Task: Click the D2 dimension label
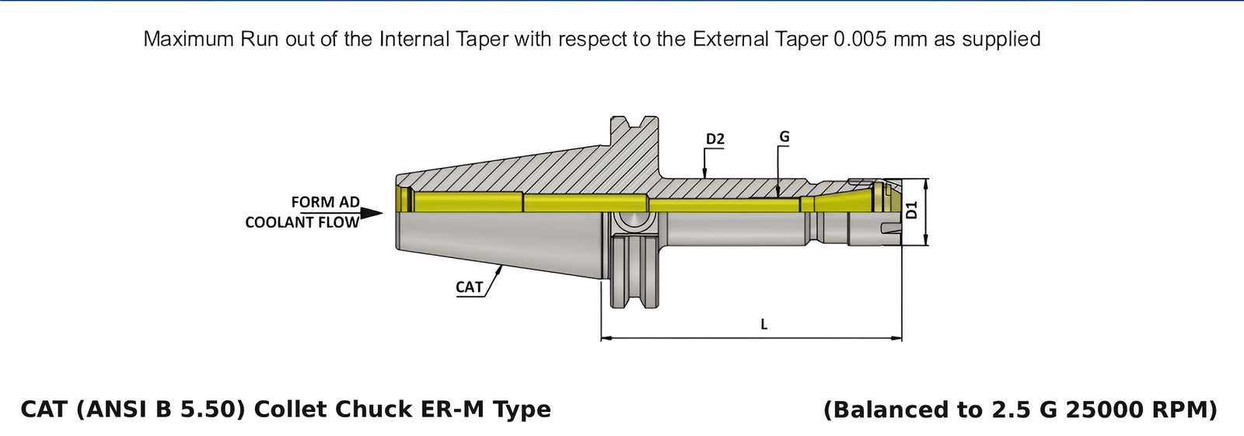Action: [x=715, y=140]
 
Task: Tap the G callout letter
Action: [x=784, y=137]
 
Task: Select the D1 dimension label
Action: [x=912, y=210]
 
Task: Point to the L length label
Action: [x=764, y=324]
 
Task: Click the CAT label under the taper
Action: [x=469, y=288]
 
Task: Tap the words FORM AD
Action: [x=325, y=202]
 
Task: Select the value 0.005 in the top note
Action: [x=860, y=39]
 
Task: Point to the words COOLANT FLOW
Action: [x=302, y=222]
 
